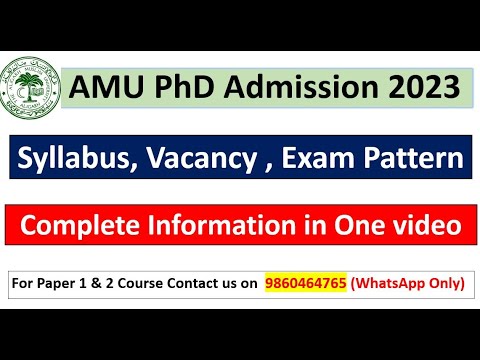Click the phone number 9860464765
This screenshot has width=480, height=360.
(305, 283)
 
